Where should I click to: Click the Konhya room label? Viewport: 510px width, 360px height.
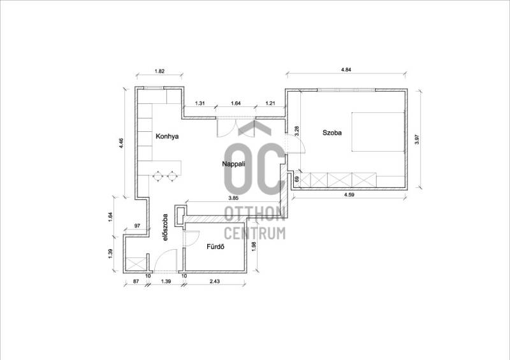click(167, 136)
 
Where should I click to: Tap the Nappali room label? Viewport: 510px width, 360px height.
click(233, 164)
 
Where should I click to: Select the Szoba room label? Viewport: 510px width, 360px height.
click(332, 133)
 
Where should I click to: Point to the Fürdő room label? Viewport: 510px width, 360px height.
click(215, 247)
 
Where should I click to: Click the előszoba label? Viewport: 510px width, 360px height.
click(166, 227)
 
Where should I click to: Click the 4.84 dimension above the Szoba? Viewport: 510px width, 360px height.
click(346, 69)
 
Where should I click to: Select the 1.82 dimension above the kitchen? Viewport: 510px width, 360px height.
click(159, 71)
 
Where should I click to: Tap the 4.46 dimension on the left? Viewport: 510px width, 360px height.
click(121, 143)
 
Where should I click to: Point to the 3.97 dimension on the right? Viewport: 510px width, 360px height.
click(418, 140)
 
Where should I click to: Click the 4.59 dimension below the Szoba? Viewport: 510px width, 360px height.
click(349, 195)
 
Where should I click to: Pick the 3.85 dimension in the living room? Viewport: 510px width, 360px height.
click(233, 198)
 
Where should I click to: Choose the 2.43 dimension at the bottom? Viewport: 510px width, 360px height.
click(214, 281)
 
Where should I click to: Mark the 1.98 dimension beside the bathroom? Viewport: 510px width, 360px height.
click(254, 245)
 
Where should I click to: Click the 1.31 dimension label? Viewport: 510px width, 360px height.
click(200, 103)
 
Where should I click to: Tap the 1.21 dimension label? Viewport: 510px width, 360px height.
click(270, 103)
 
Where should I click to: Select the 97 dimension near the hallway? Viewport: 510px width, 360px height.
click(137, 226)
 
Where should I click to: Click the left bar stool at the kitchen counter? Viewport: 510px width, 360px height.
click(157, 176)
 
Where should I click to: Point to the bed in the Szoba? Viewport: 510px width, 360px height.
click(378, 132)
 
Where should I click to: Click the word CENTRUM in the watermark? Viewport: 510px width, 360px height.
click(255, 233)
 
